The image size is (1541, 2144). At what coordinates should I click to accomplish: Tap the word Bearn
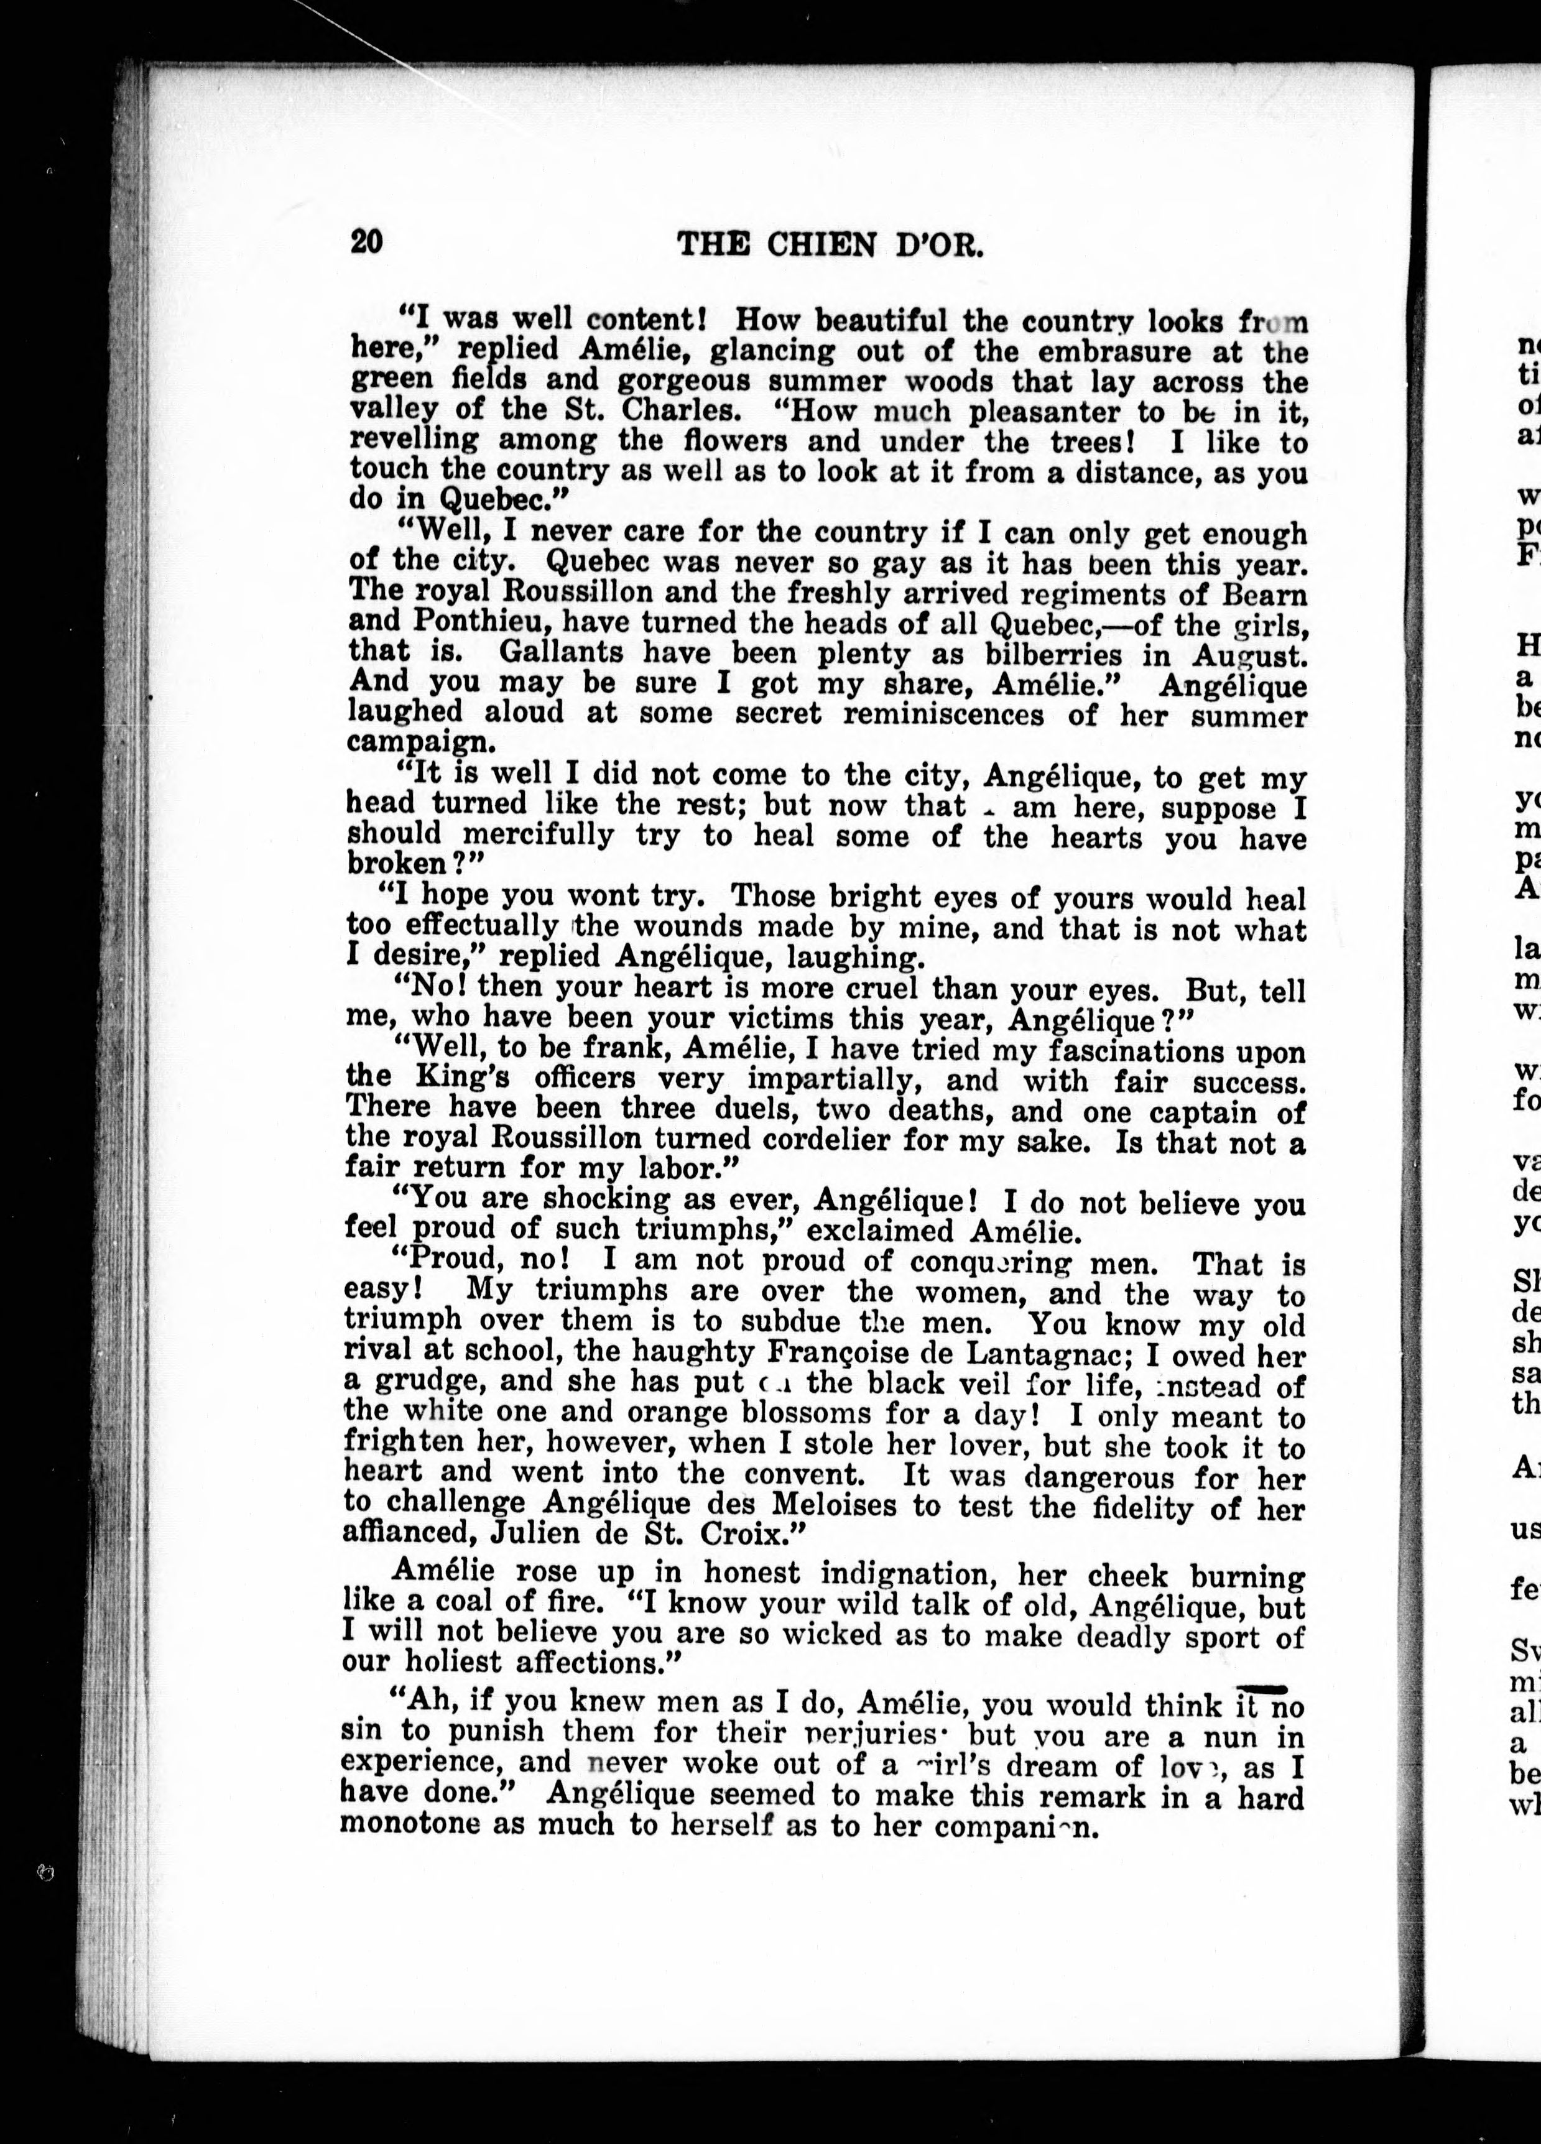tap(1265, 594)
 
